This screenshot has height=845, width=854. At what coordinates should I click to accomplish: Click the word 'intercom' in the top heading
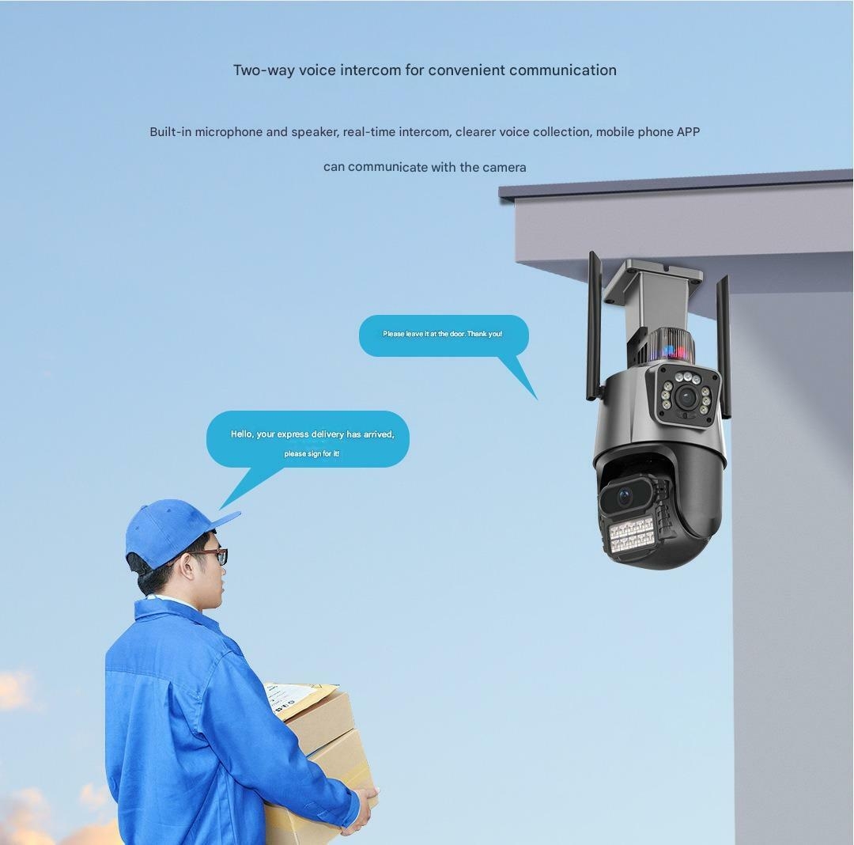[x=370, y=70]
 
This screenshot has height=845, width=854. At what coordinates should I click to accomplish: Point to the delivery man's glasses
[x=210, y=555]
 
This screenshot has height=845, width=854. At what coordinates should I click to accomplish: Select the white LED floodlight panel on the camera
[x=631, y=534]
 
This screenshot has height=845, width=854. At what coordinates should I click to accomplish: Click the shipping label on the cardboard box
[x=288, y=698]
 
